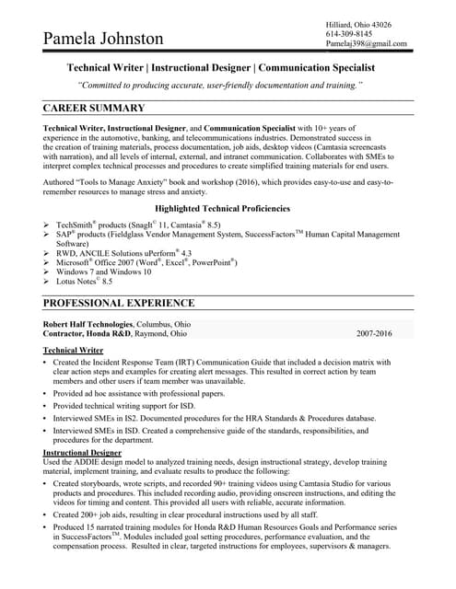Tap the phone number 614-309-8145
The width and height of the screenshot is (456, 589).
pos(349,33)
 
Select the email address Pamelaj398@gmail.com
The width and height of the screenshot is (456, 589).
pos(366,43)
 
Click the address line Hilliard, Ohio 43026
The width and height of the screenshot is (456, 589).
pos(358,24)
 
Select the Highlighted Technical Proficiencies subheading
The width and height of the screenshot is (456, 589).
pos(228,209)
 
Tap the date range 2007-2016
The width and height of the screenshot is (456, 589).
pos(372,334)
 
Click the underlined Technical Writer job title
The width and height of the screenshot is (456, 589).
pos(73,351)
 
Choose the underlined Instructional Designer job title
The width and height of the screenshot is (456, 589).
pos(83,454)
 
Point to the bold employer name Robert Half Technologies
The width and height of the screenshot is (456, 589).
pos(88,324)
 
